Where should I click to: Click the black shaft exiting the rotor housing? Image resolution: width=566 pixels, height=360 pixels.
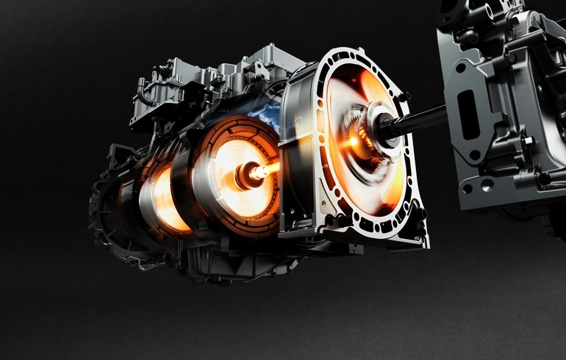(423, 120)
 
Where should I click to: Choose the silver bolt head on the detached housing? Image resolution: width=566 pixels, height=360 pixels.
(526, 140)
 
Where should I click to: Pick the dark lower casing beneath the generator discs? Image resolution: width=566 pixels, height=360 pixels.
(221, 261)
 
